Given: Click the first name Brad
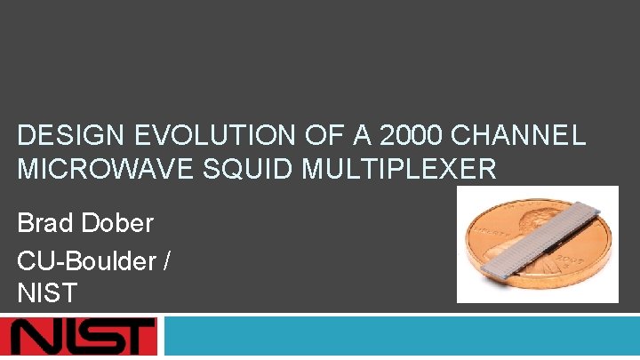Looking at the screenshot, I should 44,223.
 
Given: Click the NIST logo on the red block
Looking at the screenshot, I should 80,338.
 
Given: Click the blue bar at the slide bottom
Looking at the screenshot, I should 400,338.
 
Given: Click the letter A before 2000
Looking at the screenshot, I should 353,136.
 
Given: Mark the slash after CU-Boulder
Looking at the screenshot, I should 168,260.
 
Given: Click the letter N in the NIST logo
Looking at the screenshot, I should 36,338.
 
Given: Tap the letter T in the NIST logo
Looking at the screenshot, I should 133,338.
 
